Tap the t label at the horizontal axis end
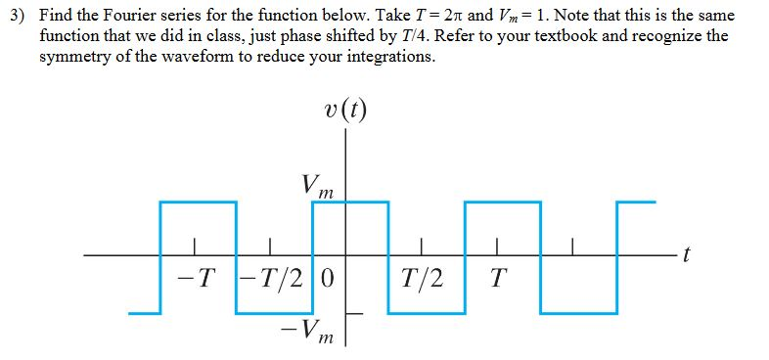pyautogui.click(x=688, y=256)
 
